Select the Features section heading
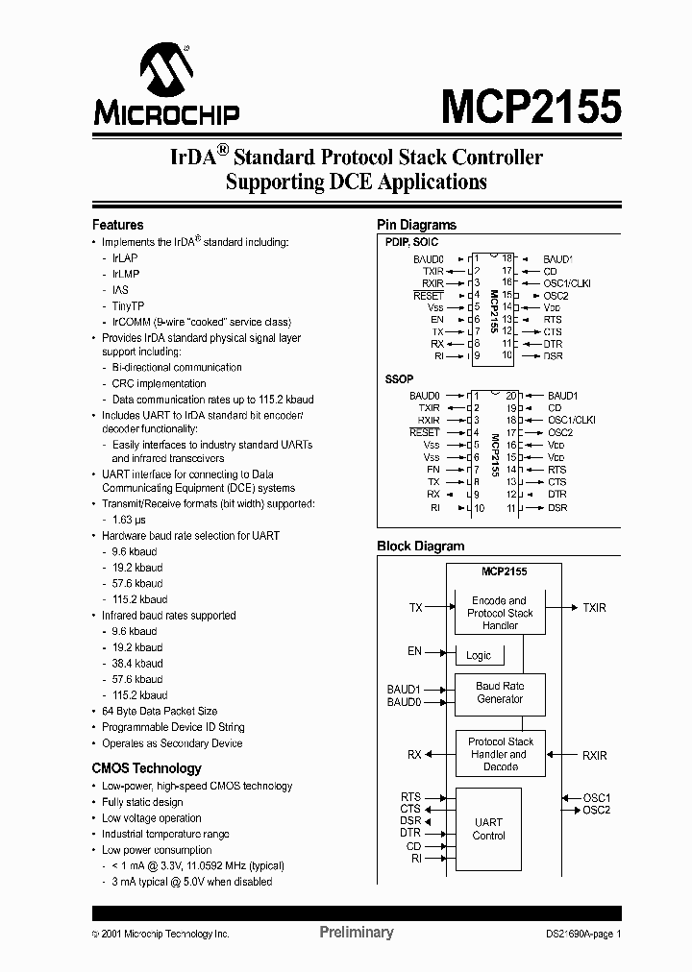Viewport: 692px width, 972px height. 117,225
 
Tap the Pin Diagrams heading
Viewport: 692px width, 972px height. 416,225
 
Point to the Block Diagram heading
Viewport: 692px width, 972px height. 420,546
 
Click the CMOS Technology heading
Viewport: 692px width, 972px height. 146,768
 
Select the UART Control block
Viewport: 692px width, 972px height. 488,829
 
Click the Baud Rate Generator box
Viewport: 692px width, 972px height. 500,693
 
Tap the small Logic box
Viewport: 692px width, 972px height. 479,655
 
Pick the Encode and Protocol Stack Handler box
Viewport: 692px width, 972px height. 500,613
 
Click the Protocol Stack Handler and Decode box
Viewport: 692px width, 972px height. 500,754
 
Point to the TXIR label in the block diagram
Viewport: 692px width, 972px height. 595,608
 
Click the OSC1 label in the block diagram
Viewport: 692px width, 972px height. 596,798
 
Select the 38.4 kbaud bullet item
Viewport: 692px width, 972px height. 136,663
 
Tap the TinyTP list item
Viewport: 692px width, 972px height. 128,305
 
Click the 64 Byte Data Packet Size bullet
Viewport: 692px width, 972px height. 160,711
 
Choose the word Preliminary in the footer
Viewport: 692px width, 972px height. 356,932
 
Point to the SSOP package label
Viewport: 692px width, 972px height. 399,379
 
